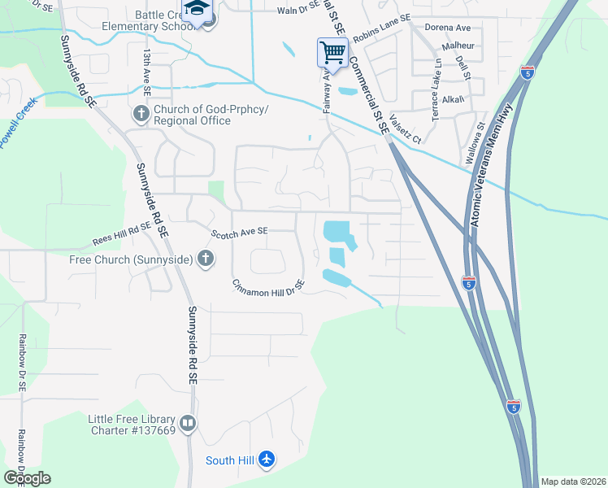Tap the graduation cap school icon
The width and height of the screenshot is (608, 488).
pos(196,9)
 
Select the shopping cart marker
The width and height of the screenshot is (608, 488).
pos(332,54)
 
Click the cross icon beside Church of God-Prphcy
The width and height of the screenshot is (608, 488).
pos(141,114)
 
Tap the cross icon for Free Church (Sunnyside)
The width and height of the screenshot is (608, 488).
pos(206,259)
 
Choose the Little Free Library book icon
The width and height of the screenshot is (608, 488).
pos(188,423)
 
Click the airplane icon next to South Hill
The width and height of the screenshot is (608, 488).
pos(267,460)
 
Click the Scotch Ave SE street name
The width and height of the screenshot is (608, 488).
pos(240,233)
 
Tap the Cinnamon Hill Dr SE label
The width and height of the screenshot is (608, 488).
pos(267,287)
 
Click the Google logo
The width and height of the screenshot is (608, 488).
pos(27,477)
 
